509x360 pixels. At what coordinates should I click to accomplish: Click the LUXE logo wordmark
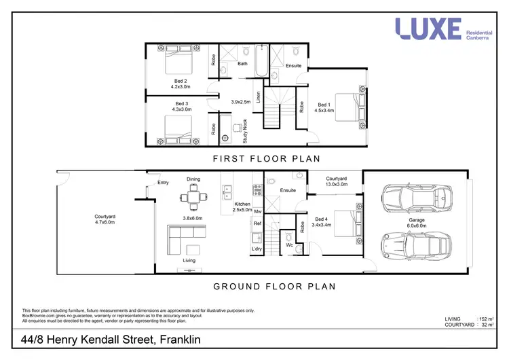(x=428, y=29)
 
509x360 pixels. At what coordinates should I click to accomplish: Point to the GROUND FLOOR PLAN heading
(x=275, y=286)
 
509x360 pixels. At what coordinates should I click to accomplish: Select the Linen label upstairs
(x=258, y=99)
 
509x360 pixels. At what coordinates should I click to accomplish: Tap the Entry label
(x=163, y=182)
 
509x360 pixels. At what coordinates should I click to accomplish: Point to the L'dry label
(x=257, y=249)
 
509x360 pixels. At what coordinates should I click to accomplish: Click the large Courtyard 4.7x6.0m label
(x=105, y=219)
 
